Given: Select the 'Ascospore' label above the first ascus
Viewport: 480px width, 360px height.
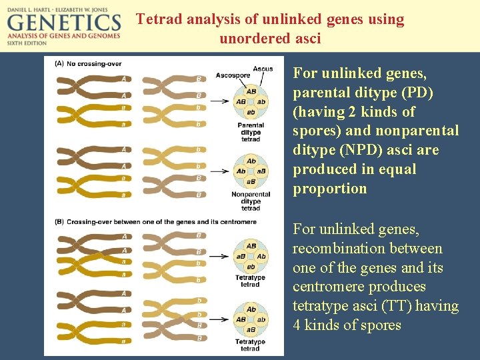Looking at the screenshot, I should (x=233, y=75).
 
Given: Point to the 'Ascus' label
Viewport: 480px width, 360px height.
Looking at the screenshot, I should (x=263, y=69).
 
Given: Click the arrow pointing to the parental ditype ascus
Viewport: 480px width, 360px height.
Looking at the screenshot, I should (x=219, y=102).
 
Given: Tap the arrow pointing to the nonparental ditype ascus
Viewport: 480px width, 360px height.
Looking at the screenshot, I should (x=219, y=171).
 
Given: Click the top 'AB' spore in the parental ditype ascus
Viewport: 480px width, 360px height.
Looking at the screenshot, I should (x=251, y=91).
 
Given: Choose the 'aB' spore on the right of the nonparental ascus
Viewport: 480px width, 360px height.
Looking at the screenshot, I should (x=261, y=171).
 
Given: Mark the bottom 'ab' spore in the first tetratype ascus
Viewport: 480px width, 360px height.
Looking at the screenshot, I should (x=251, y=267).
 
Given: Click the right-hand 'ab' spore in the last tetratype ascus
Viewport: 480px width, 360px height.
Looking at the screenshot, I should (x=261, y=319).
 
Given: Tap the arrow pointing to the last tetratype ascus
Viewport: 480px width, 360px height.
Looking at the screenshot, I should (x=219, y=319).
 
